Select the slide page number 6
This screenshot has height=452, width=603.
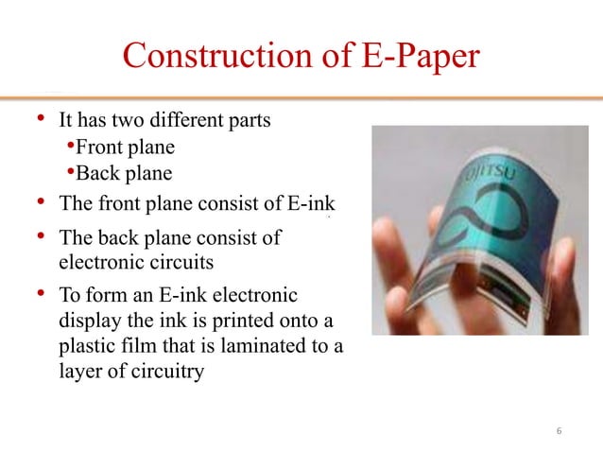tap(560, 431)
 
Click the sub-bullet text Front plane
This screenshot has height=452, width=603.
tap(124, 148)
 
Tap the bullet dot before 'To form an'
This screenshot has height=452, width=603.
tap(40, 292)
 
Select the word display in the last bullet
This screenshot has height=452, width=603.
tap(89, 320)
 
